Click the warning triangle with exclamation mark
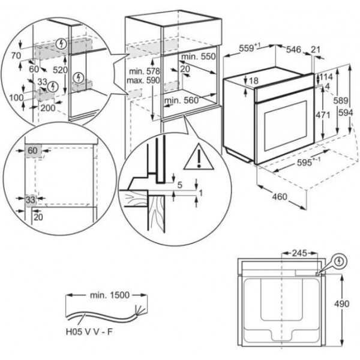pyautogui.click(x=199, y=157)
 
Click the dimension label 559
pyautogui.click(x=247, y=48)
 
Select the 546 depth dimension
pyautogui.click(x=293, y=49)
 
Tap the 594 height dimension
pyautogui.click(x=346, y=113)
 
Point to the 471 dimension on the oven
pyautogui.click(x=323, y=115)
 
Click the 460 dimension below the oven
pyautogui.click(x=280, y=197)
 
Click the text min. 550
pyautogui.click(x=199, y=56)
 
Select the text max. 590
pyautogui.click(x=143, y=80)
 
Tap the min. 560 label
pyautogui.click(x=181, y=100)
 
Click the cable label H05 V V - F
pyautogui.click(x=89, y=332)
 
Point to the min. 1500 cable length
pyautogui.click(x=110, y=295)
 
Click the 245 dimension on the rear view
pyautogui.click(x=299, y=253)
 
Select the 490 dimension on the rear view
pyautogui.click(x=341, y=304)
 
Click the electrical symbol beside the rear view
pyautogui.click(x=340, y=261)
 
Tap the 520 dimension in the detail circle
pyautogui.click(x=60, y=70)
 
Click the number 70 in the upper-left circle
pyautogui.click(x=16, y=56)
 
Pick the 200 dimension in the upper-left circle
pyautogui.click(x=48, y=108)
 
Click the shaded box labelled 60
pyautogui.click(x=33, y=151)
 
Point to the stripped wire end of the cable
pyautogui.click(x=140, y=310)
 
